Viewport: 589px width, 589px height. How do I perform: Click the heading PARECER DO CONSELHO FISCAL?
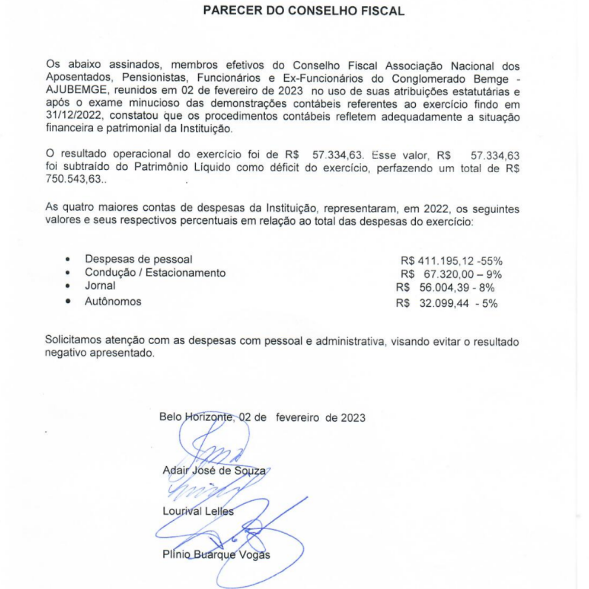[304, 11]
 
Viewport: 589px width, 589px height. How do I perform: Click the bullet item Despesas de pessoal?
[138, 259]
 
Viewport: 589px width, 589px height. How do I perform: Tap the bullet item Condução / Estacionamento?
[155, 272]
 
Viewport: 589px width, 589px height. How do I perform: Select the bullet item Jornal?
[100, 286]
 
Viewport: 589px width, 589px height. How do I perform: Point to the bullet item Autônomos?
[113, 301]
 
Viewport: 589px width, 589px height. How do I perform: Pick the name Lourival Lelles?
[198, 511]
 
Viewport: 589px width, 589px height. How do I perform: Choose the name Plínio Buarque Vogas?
[216, 555]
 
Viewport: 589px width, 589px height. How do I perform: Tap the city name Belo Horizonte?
[196, 418]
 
